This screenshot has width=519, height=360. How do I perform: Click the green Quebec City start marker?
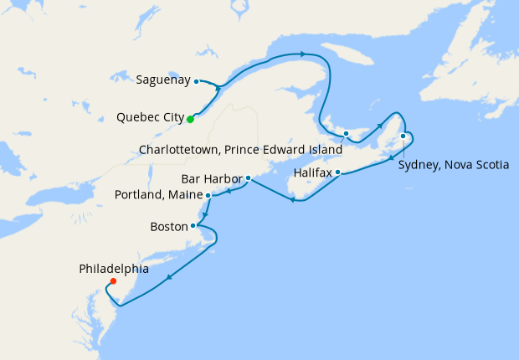point(190,119)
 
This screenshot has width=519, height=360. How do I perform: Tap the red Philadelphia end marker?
point(113,281)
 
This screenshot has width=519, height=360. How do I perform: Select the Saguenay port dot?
point(196,81)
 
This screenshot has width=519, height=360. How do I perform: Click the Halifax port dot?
point(338,172)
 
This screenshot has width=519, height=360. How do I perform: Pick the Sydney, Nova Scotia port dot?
point(403,136)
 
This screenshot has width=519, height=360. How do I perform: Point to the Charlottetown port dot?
point(346,133)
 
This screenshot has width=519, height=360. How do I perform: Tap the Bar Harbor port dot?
point(249,177)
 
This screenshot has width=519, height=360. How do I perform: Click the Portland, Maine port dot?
point(208,195)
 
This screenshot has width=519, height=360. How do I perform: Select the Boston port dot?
point(193,225)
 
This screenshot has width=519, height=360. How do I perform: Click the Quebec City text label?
point(151,119)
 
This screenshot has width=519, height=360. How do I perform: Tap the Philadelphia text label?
point(114,269)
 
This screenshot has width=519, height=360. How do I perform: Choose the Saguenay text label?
point(162,81)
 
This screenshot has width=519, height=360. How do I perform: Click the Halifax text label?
point(313,172)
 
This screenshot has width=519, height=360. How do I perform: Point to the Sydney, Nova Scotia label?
point(453,165)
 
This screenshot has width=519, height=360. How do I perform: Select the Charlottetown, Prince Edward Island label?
point(239,149)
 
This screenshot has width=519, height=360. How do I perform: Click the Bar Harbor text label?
point(212,178)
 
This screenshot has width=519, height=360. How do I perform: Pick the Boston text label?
point(168,226)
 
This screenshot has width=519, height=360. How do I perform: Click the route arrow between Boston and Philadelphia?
point(170,278)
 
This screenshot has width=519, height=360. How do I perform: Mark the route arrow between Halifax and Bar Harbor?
point(291,199)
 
